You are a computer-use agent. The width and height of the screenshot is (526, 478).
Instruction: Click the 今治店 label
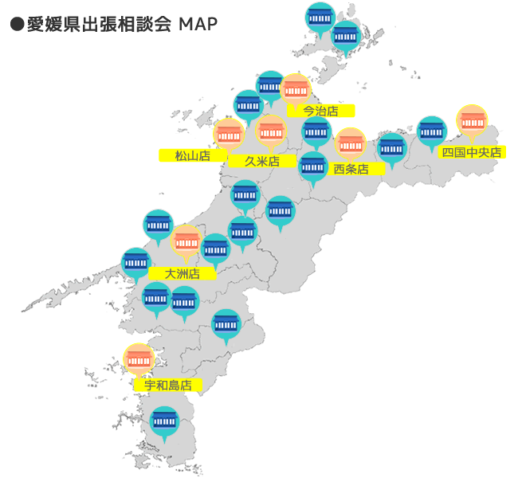pyautogui.click(x=321, y=111)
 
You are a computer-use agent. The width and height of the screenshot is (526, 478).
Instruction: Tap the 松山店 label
pyautogui.click(x=192, y=155)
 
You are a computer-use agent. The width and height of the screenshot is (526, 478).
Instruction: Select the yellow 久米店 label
pyautogui.click(x=261, y=161)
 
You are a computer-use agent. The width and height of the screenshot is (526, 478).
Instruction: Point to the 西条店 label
pyautogui.click(x=351, y=168)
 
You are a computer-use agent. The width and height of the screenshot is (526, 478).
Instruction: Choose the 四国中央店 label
pyautogui.click(x=473, y=151)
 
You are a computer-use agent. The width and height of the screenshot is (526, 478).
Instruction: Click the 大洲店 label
pyautogui.click(x=182, y=273)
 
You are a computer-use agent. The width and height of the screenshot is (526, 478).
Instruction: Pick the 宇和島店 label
pyautogui.click(x=168, y=385)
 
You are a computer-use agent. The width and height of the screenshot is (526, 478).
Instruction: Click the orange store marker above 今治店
pyautogui.click(x=296, y=88)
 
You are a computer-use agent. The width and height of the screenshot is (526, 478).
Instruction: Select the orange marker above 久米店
pyautogui.click(x=271, y=130)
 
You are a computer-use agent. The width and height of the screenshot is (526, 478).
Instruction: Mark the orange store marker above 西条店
pyautogui.click(x=350, y=143)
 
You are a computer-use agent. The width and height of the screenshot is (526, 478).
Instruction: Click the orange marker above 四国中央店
pyautogui.click(x=472, y=120)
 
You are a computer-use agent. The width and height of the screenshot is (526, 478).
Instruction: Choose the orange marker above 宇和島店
pyautogui.click(x=139, y=359)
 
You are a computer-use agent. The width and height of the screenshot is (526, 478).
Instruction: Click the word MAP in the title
pyautogui.click(x=198, y=24)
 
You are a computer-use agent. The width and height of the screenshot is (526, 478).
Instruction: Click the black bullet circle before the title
pyautogui.click(x=16, y=25)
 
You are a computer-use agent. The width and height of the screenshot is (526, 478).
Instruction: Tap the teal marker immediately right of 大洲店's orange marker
pyautogui.click(x=215, y=248)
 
